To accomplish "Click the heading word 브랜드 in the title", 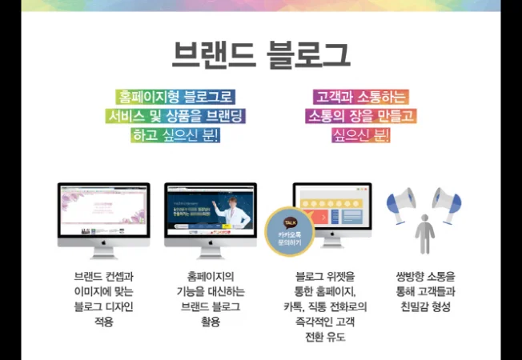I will (x=215, y=54).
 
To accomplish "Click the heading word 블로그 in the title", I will (x=307, y=54).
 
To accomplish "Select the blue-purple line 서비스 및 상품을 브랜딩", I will (x=175, y=116).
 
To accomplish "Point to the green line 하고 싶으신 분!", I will (x=175, y=135).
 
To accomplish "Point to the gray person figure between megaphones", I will (x=424, y=232).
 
